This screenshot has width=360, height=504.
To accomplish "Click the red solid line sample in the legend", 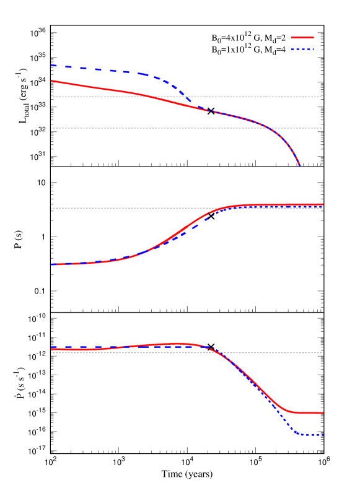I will (303, 38).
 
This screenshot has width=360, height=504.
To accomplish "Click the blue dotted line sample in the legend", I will (303, 50).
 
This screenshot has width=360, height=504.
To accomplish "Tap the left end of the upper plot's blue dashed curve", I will (51, 65).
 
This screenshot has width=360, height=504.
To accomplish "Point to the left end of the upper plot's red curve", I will (51, 80).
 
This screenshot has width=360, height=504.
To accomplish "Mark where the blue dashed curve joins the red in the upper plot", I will (208, 110).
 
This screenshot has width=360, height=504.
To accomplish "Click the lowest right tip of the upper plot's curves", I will (300, 165).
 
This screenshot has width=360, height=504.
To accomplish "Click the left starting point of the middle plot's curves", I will (51, 264).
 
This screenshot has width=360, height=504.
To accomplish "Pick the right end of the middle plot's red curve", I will (323, 204).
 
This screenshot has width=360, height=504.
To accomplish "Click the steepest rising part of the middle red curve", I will (180, 232).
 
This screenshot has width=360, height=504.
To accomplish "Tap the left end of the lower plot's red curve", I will (51, 349).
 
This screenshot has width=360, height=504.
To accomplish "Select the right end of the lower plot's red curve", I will (323, 413).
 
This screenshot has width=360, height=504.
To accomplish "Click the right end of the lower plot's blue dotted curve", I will (323, 435).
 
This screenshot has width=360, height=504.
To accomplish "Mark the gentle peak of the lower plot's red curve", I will (178, 343).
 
